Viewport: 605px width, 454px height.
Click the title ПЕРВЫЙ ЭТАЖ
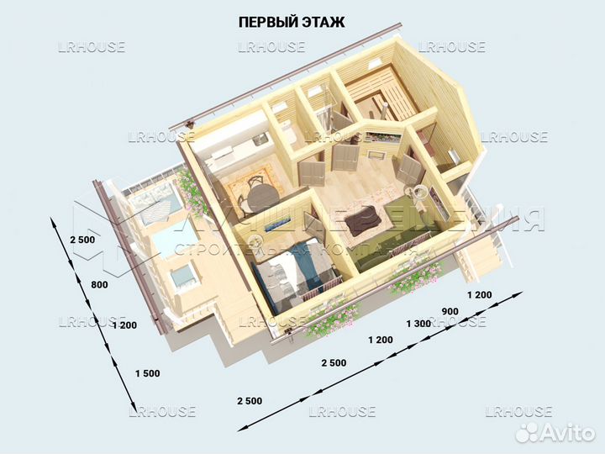pos(292,22)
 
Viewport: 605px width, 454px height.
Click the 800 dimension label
pos(100,285)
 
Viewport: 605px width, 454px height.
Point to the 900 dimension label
pos(450,310)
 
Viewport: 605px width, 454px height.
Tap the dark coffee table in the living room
pos(363,219)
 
